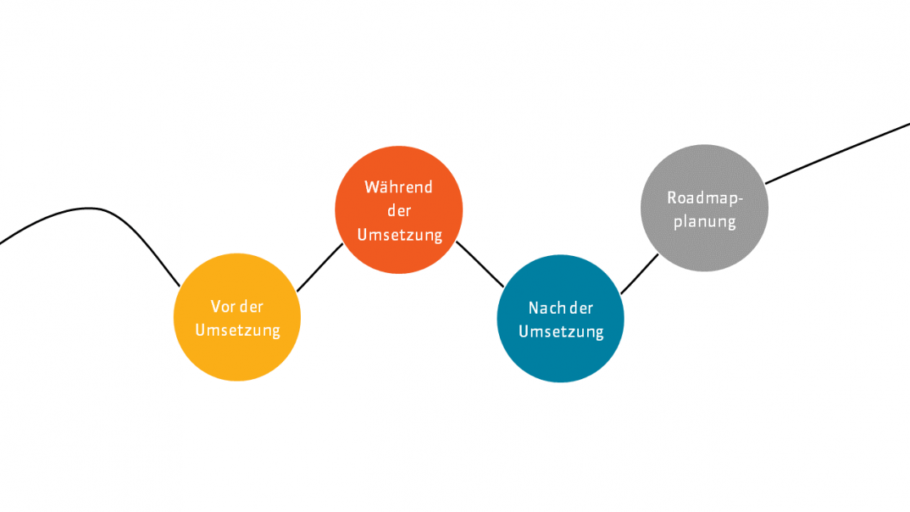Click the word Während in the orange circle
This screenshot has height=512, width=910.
[x=399, y=188]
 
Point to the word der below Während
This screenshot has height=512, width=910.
[x=399, y=211]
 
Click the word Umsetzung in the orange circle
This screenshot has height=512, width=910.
[x=400, y=235]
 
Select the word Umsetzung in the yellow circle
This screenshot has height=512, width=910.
[x=237, y=330]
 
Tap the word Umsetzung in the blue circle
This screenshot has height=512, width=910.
[x=561, y=332]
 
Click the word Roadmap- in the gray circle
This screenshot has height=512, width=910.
[x=705, y=197]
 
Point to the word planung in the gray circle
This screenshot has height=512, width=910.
[x=705, y=221]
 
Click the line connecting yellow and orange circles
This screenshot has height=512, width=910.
[x=320, y=267]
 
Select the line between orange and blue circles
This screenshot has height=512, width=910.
[x=480, y=264]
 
